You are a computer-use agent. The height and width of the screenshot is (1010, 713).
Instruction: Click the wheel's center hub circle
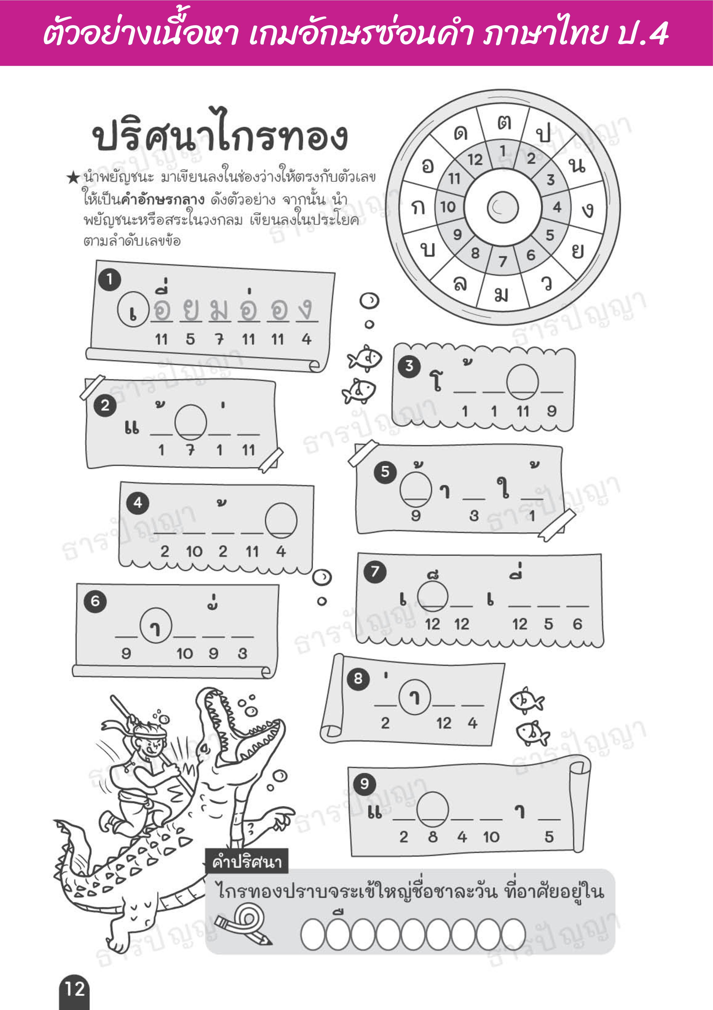point(503,207)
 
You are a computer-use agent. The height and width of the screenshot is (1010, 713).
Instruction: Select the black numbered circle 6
point(95,601)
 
